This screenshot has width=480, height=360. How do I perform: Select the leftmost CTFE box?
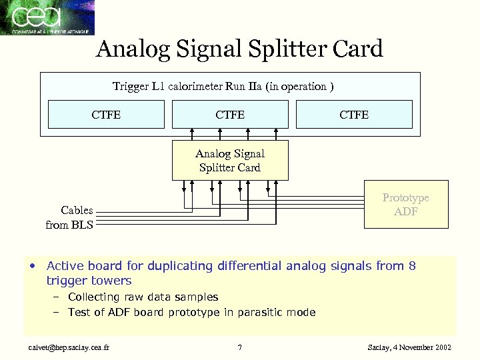[106, 115]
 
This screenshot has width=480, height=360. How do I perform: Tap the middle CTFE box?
[230, 115]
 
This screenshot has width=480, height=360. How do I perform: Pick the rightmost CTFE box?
[354, 115]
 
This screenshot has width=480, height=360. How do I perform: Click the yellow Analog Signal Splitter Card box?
[230, 161]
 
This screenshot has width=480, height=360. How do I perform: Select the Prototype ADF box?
[405, 205]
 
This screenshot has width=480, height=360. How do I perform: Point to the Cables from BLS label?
[70, 217]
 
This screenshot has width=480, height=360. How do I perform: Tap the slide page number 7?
[240, 347]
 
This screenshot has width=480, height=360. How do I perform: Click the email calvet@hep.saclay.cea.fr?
[66, 347]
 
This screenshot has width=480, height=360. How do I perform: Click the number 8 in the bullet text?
[412, 266]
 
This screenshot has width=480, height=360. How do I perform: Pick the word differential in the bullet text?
[249, 266]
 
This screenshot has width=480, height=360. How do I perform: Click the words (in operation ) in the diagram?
[300, 86]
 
